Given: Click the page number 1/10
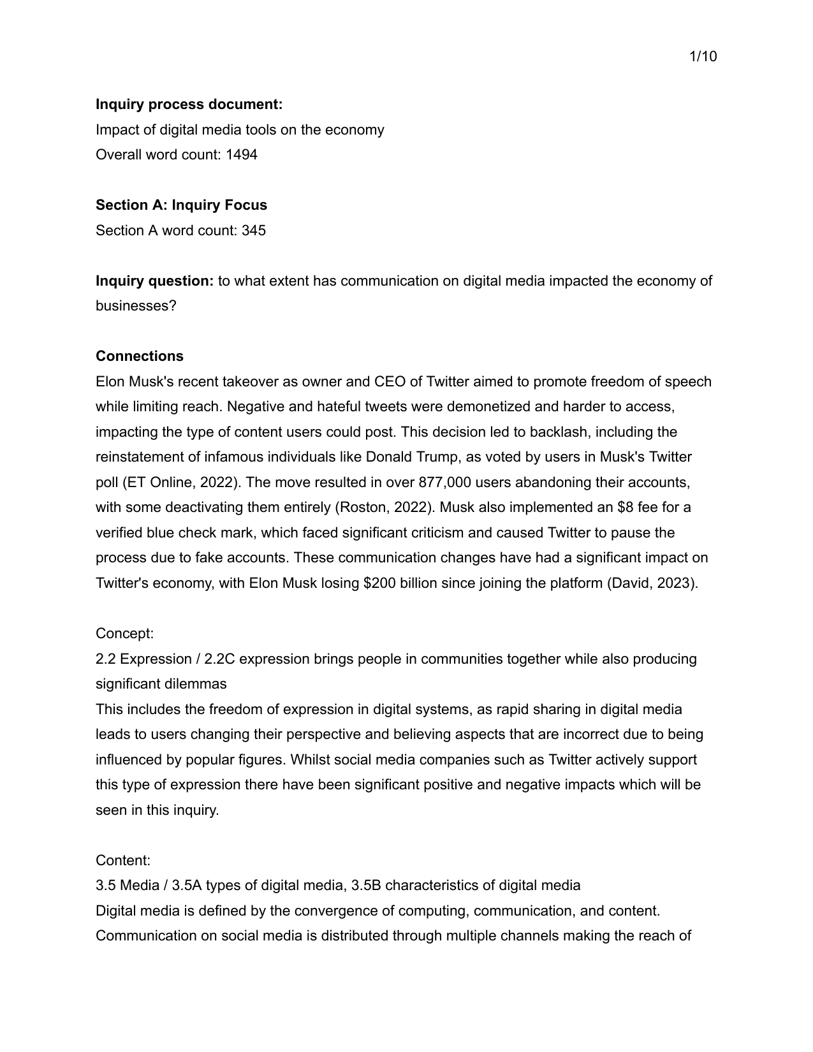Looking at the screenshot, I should pyautogui.click(x=703, y=57).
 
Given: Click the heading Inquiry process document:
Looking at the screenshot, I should pyautogui.click(x=189, y=104).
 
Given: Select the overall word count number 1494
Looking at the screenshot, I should pyautogui.click(x=242, y=154).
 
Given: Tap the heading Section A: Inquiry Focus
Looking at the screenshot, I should pyautogui.click(x=181, y=205).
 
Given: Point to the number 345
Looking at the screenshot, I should pyautogui.click(x=253, y=230).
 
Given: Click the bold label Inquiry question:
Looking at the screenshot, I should pyautogui.click(x=155, y=281).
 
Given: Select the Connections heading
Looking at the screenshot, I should pyautogui.click(x=140, y=356).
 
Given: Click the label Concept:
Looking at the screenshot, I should pyautogui.click(x=124, y=633).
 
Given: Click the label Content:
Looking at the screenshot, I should pyautogui.click(x=123, y=860).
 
